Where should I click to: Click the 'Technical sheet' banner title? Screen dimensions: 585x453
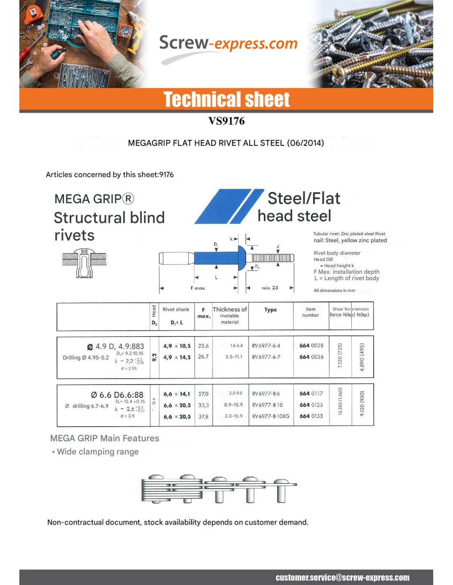(226, 100)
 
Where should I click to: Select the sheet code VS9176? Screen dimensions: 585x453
(226, 121)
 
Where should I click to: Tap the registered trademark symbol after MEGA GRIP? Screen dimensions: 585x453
(128, 199)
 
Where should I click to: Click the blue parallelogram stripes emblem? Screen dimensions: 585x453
(229, 206)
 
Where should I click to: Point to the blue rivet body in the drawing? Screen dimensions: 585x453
(217, 258)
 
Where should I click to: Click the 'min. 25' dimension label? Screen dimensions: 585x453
(270, 288)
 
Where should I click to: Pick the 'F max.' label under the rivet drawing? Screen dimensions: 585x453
(198, 288)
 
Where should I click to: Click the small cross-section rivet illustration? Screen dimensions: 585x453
(84, 263)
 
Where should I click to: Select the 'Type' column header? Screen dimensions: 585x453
(271, 310)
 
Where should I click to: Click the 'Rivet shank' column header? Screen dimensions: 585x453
(176, 309)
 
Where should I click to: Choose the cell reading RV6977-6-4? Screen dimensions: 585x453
(266, 346)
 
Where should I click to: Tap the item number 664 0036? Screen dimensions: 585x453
(311, 357)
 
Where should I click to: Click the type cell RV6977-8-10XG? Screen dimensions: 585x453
(271, 416)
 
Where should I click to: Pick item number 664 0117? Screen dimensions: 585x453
(311, 394)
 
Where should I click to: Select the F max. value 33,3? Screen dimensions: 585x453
(203, 405)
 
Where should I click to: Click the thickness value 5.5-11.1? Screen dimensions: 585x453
(234, 357)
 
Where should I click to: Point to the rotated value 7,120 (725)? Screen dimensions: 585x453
(340, 356)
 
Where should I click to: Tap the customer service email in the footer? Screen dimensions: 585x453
(342, 578)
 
